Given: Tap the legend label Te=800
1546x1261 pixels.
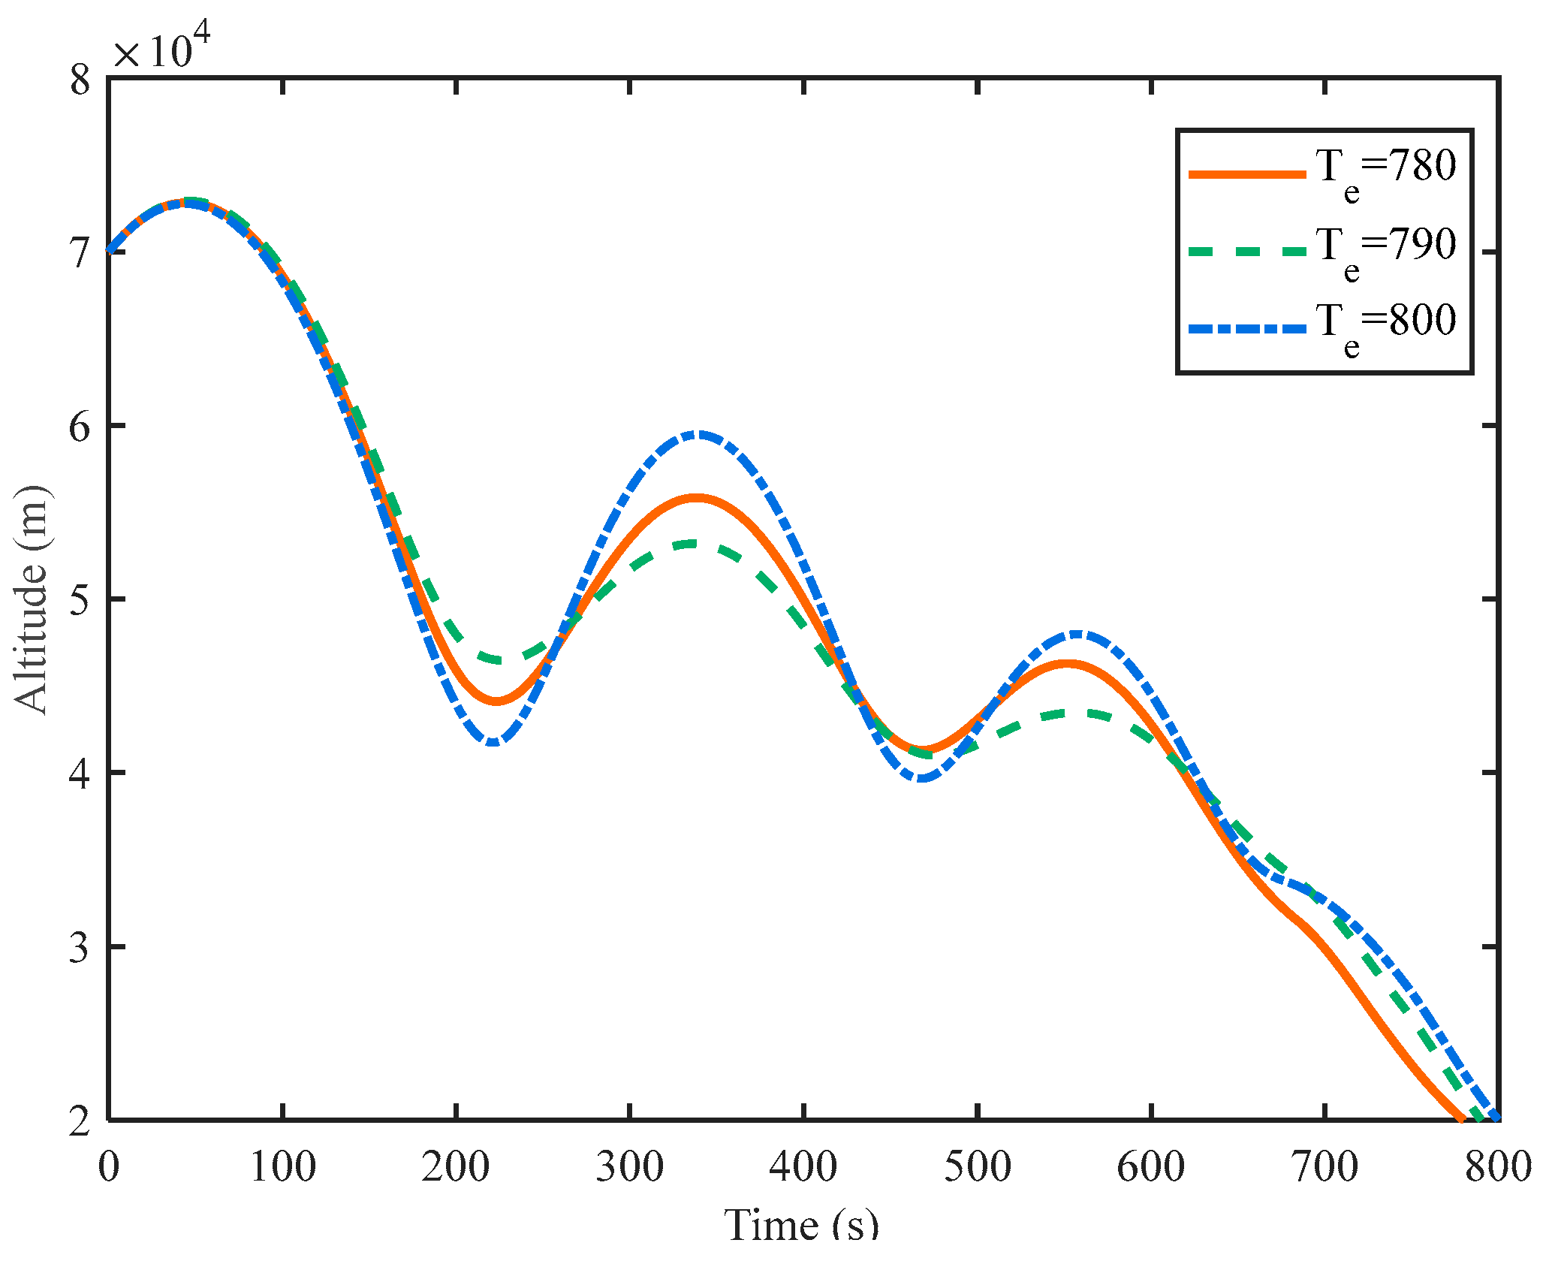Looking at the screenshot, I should [1385, 323].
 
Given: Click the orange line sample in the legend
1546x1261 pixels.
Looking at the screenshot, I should [1246, 174].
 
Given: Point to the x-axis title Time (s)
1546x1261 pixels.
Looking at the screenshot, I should [801, 1225].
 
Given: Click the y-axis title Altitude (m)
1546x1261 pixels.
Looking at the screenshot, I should [32, 600].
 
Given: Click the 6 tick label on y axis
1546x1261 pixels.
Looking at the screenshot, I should [80, 427].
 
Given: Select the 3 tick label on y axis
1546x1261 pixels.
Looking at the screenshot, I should [80, 947].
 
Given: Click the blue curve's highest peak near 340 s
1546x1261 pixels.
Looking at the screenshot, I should [698, 434].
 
